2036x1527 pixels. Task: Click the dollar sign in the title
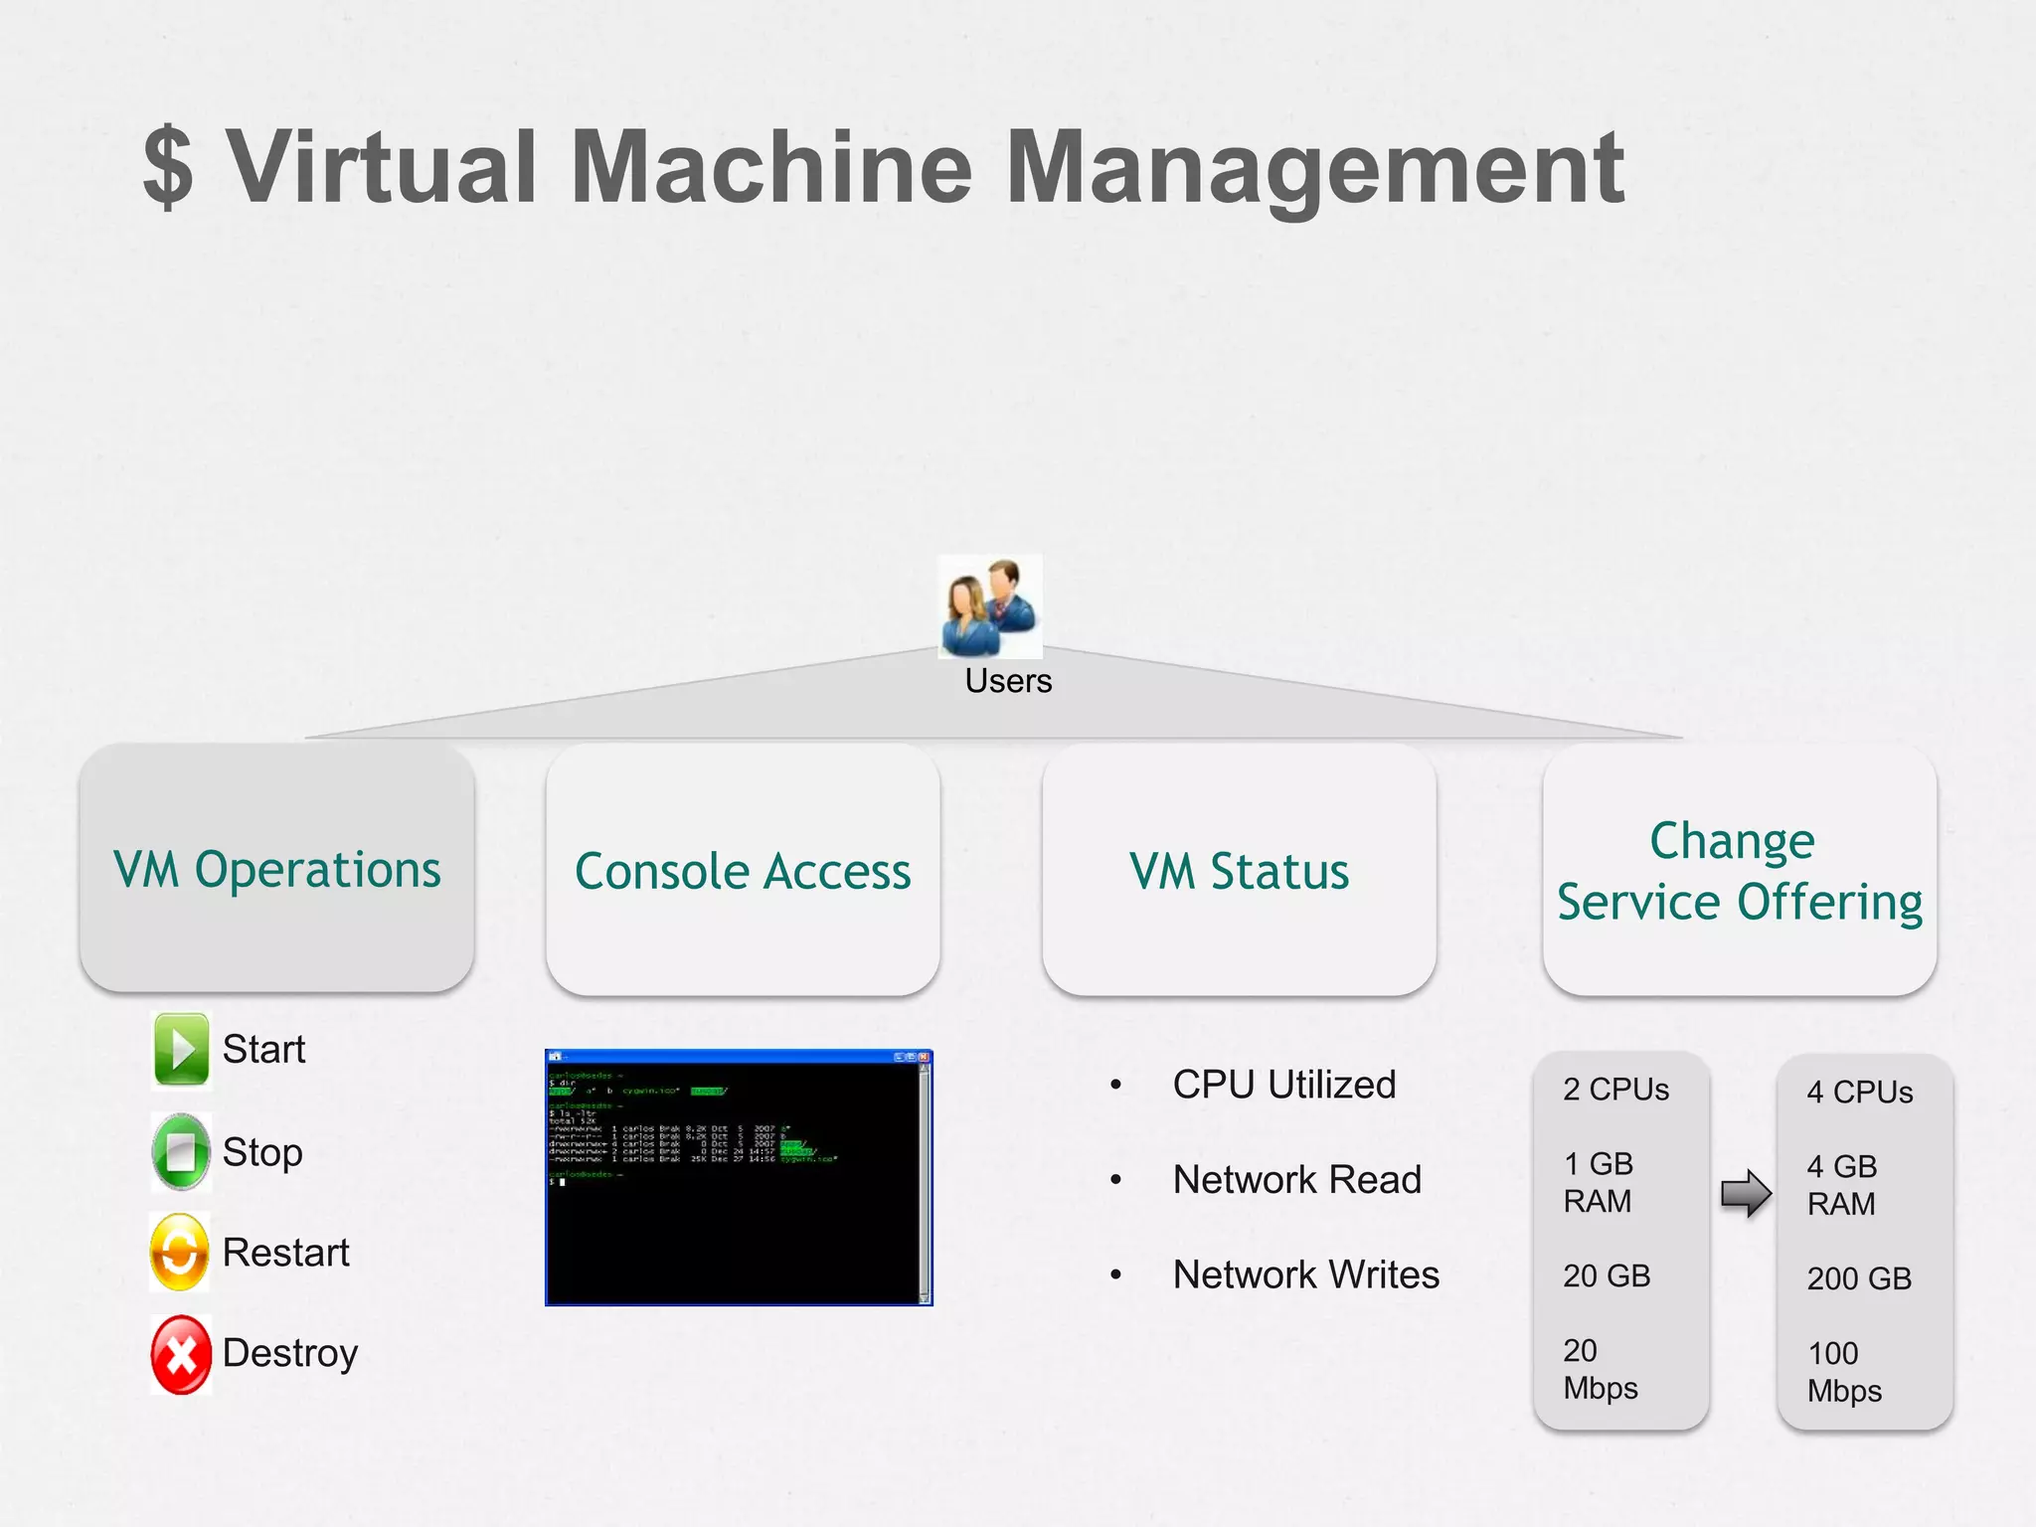[x=167, y=166]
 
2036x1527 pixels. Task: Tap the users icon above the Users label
[x=990, y=606]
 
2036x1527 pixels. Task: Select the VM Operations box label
[x=276, y=869]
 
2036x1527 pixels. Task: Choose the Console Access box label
[x=743, y=871]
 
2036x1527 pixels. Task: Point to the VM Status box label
[x=1239, y=871]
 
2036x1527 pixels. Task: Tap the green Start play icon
[x=181, y=1049]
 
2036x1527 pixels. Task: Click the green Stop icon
[x=181, y=1151]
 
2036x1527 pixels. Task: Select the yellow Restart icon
[x=180, y=1252]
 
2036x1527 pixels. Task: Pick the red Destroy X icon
[x=181, y=1354]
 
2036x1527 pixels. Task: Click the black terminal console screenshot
[x=739, y=1177]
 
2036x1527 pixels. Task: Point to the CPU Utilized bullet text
[x=1283, y=1085]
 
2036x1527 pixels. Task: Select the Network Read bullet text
[x=1296, y=1180]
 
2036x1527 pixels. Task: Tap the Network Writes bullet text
[x=1305, y=1274]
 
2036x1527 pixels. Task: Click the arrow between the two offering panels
[x=1745, y=1193]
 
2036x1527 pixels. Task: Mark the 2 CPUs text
[x=1615, y=1090]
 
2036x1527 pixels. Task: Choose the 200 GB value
[x=1859, y=1278]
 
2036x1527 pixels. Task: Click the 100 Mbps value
[x=1844, y=1372]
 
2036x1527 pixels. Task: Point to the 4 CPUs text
[x=1859, y=1093]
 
